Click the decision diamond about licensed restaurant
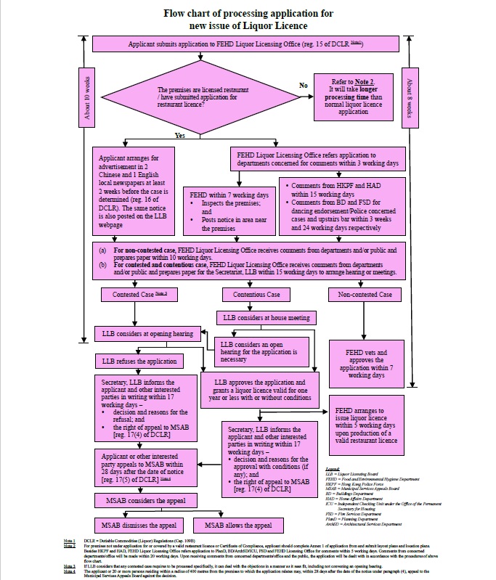tap(191, 99)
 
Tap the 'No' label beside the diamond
tap(303, 85)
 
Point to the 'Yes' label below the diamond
tap(180, 136)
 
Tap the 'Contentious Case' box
tap(256, 295)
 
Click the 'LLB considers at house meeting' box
tap(262, 317)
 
